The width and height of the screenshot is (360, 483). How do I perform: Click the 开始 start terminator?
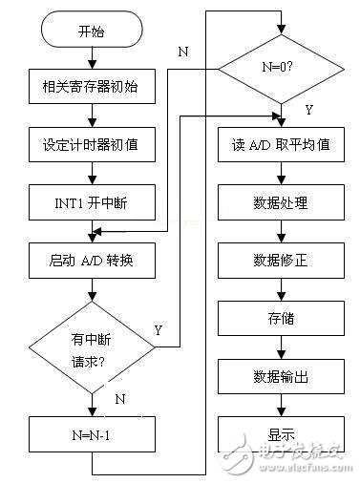(x=92, y=31)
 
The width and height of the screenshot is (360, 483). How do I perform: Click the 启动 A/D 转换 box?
(x=92, y=260)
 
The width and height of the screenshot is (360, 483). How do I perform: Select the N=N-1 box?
(x=92, y=437)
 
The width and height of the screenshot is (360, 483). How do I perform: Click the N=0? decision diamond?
(x=280, y=66)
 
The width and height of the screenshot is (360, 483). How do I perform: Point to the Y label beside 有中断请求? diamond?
(x=159, y=330)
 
